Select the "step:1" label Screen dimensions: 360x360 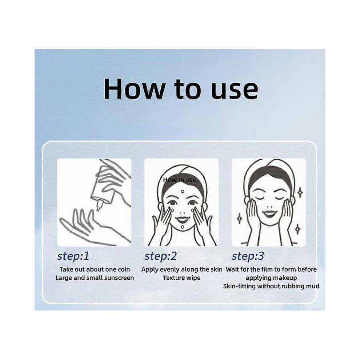(73, 256)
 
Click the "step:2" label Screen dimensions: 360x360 (160, 256)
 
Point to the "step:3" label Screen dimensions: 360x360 (248, 256)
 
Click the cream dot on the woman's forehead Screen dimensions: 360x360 (183, 191)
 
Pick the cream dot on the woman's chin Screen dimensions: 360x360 (183, 227)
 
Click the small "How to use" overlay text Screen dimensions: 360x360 (180, 180)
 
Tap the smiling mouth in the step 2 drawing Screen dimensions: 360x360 (183, 219)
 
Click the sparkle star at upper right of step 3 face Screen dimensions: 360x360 (300, 192)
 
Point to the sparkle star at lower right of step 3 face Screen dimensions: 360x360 (297, 229)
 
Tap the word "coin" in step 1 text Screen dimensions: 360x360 (124, 269)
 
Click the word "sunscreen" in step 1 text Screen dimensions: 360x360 (119, 278)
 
